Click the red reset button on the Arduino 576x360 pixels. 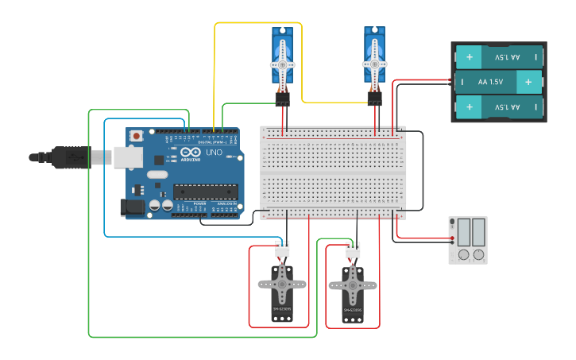[x=137, y=136]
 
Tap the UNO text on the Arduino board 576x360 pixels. [x=214, y=152]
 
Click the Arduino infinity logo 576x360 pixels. [x=191, y=152]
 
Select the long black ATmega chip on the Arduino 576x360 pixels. [x=206, y=192]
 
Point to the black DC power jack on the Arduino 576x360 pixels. [x=133, y=208]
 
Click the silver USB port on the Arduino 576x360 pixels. [x=126, y=157]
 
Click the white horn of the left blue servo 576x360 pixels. [x=282, y=64]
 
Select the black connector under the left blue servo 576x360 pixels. [x=282, y=99]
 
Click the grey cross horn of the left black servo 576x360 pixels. [x=282, y=283]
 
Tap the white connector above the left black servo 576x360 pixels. [x=282, y=250]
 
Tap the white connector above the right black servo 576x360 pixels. [x=353, y=251]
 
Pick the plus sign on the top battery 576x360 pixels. [x=470, y=57]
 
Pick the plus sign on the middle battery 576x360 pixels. [x=528, y=82]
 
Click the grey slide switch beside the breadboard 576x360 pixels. [x=468, y=239]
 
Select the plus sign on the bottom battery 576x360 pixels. [x=470, y=106]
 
